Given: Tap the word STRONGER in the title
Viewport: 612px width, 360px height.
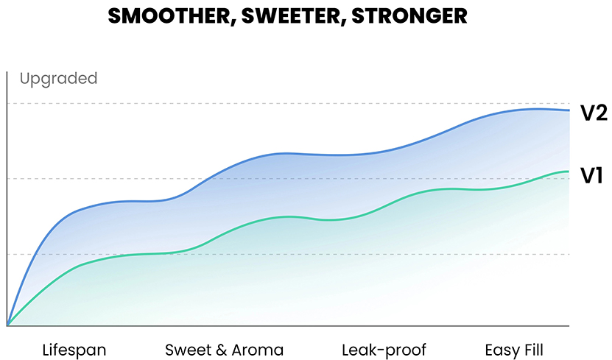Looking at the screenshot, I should (x=409, y=16).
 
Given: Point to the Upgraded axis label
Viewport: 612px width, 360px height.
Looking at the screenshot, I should (x=58, y=78).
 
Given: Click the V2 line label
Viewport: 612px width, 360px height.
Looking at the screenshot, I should (x=593, y=113).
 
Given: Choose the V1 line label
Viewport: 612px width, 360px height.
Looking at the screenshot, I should (x=592, y=176).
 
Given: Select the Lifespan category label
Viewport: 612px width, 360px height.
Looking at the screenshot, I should (x=74, y=349).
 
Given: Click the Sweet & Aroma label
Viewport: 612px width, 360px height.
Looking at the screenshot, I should (x=224, y=349).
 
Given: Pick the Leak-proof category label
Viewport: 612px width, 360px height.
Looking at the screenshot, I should (x=384, y=349).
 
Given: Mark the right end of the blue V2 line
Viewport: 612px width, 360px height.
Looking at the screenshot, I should (x=569, y=110).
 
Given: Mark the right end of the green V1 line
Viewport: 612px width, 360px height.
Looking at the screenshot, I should (x=569, y=172).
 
